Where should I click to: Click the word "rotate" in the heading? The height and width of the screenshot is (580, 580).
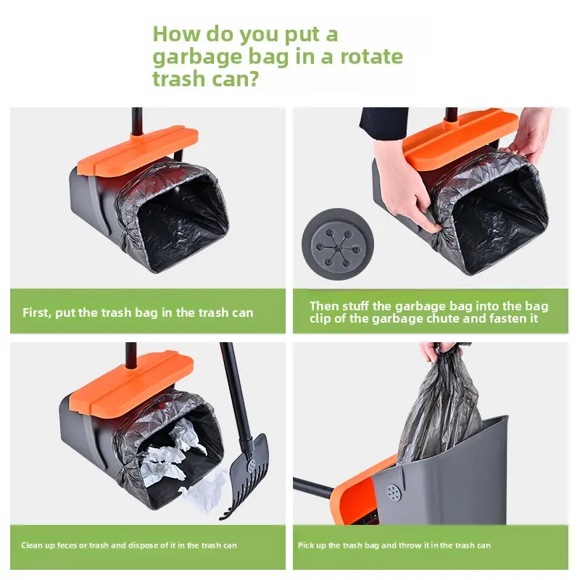coord(371,57)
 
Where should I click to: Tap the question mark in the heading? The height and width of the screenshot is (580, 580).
coord(252,79)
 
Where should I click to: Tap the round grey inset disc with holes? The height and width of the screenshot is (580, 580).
coord(337,244)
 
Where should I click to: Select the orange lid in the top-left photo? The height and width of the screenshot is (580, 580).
coord(138,149)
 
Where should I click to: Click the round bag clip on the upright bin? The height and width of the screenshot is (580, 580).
coord(394,493)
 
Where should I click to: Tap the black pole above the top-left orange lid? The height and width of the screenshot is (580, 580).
coord(137,120)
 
